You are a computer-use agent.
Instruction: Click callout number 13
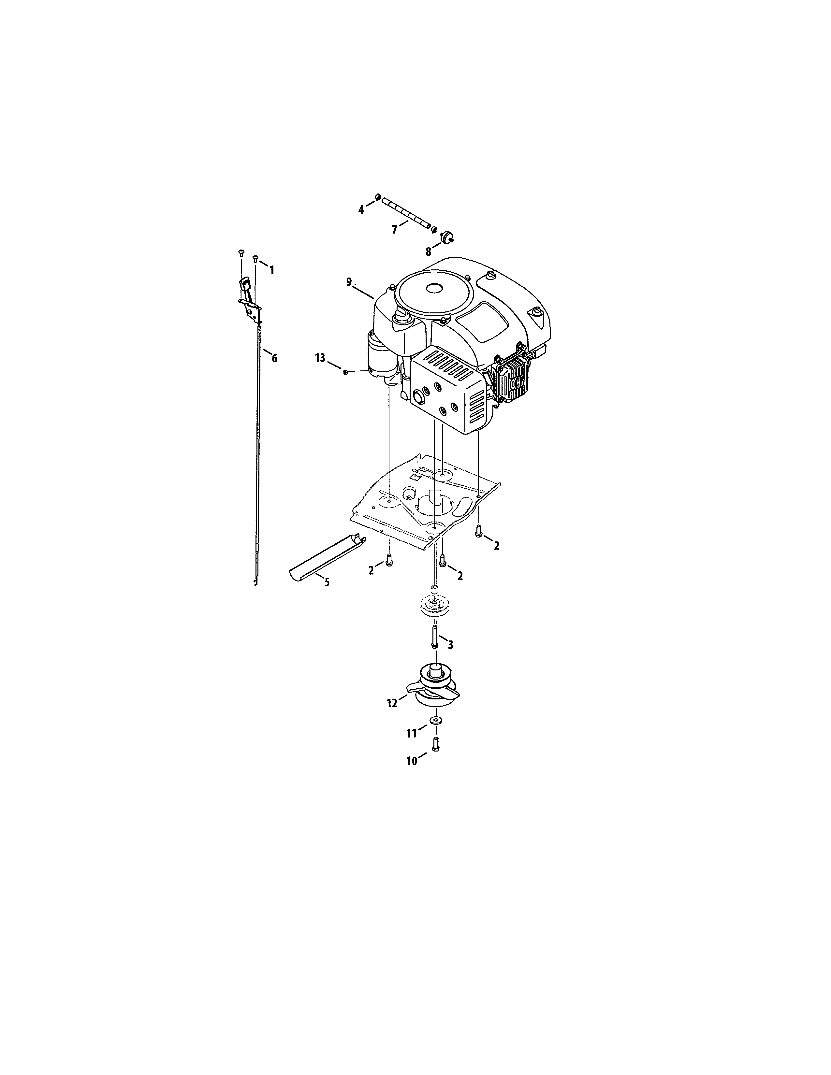tap(320, 358)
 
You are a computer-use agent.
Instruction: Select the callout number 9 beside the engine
tap(349, 282)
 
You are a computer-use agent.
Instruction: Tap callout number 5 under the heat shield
tap(327, 583)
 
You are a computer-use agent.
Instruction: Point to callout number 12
tap(392, 703)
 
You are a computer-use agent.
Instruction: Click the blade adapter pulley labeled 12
tap(433, 684)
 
